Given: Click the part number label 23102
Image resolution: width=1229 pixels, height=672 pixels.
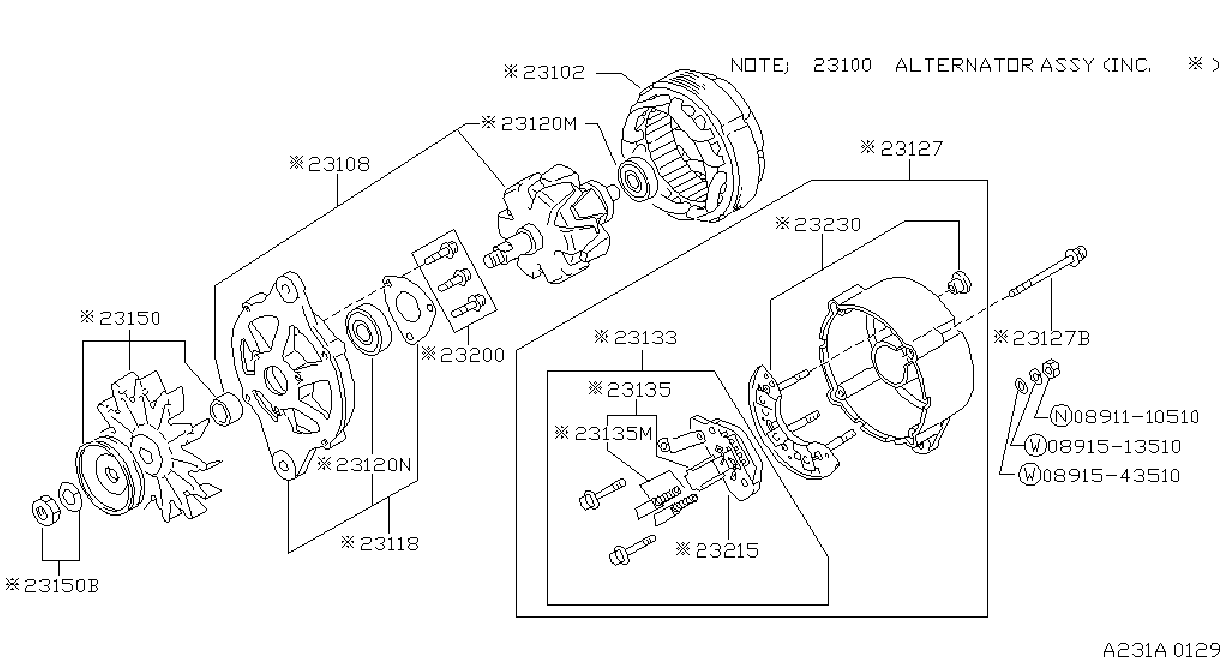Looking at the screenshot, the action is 554,72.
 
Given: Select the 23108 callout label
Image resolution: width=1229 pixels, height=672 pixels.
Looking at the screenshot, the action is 339,164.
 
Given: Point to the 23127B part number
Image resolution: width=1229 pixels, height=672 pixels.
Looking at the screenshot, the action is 1051,338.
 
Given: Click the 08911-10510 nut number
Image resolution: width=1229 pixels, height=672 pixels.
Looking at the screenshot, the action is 1136,417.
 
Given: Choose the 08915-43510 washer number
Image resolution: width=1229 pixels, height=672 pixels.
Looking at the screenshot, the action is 1111,475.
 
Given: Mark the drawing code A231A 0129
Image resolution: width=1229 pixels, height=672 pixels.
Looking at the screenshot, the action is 1162,651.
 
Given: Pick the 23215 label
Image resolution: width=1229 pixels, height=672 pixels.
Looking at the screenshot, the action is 727,550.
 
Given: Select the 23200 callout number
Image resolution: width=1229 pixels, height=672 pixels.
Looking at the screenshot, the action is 472,355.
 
